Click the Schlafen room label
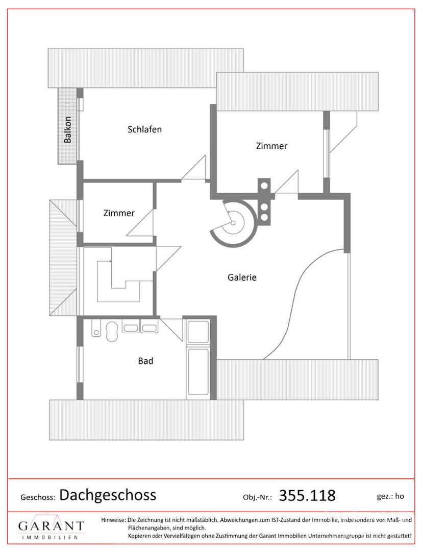pos(144,129)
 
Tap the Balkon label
pos(67,129)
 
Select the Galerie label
pos(242,278)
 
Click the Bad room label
pos(145,361)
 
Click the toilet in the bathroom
pos(112,331)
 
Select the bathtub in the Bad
pos(199,372)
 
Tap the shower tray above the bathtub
pos(198,331)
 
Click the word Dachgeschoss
pos(108,495)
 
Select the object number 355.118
pos(307,495)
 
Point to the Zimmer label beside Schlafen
pos(271,146)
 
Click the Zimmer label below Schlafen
pos(119,213)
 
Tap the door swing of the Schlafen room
pos(193,168)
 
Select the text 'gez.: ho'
pos(390,496)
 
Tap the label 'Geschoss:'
pos(38,497)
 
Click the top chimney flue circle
pos(264,185)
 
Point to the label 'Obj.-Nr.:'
pos(258,497)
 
